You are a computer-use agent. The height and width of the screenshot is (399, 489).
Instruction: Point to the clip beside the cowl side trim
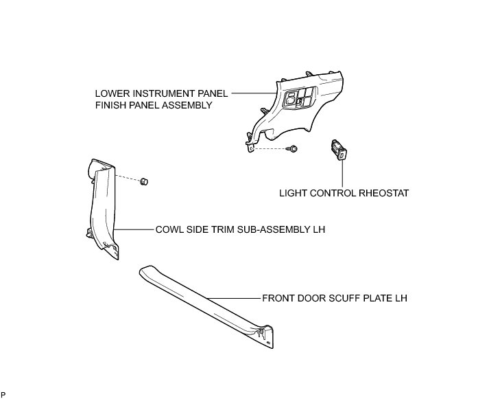pos(144,181)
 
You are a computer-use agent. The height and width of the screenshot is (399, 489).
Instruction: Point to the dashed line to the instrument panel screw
pos(271,148)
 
